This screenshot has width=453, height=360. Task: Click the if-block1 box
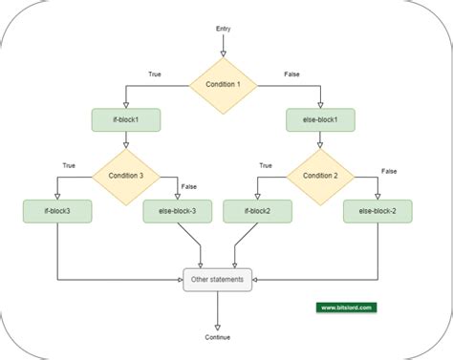pos(125,120)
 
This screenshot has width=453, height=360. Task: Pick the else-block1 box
pos(320,120)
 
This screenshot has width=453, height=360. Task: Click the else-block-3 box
pos(177,211)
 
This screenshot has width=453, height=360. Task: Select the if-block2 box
pos(256,211)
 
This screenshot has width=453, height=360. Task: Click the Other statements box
pos(218,280)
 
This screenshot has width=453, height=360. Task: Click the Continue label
pos(218,337)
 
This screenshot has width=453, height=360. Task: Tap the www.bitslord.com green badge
pos(347,307)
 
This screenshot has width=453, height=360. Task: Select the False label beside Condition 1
pos(291,74)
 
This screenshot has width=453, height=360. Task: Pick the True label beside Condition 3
pos(69,165)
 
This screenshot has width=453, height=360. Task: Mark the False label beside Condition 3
pos(189,187)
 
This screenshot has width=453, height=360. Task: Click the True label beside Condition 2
pos(265,165)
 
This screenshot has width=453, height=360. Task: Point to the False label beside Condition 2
pos(389,171)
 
